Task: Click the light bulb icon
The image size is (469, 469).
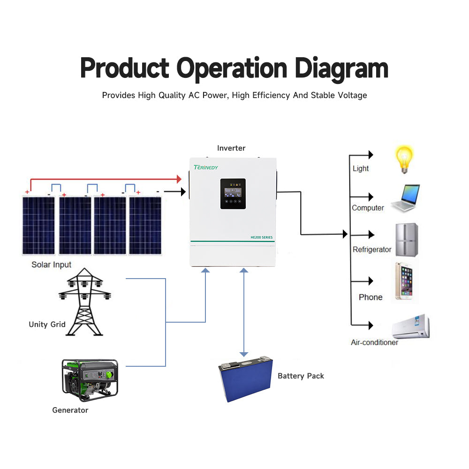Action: (x=404, y=159)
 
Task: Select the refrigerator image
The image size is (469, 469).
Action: (x=406, y=239)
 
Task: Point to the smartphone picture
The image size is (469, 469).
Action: (x=404, y=281)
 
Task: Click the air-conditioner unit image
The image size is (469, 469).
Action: (x=411, y=326)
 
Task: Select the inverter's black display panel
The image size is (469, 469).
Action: (x=233, y=194)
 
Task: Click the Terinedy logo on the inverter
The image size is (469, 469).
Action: (x=206, y=167)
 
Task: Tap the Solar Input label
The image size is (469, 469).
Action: (x=52, y=265)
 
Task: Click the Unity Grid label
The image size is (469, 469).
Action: (x=47, y=324)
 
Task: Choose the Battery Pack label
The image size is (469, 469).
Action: (x=301, y=376)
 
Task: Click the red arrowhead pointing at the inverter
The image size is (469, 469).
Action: (x=179, y=179)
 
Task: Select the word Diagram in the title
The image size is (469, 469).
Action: (x=340, y=68)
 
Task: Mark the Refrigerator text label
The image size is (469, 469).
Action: (x=372, y=250)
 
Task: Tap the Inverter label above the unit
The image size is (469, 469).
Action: (x=231, y=148)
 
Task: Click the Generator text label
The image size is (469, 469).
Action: (x=70, y=410)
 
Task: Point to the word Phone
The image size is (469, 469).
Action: (x=371, y=297)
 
